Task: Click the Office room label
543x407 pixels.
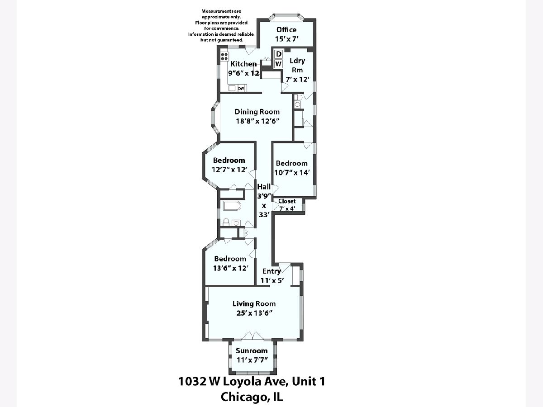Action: (286, 30)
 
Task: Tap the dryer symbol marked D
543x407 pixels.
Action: (279, 54)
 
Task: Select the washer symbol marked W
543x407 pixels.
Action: (278, 64)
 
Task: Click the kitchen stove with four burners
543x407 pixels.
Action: (51, 57)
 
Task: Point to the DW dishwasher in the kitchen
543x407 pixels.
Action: (241, 88)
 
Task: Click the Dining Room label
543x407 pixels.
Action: (257, 112)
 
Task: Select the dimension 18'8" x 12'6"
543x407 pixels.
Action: (257, 121)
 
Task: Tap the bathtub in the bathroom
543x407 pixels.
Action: (232, 206)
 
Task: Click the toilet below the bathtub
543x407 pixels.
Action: (226, 222)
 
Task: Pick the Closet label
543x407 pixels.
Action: (287, 201)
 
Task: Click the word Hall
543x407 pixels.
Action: (264, 187)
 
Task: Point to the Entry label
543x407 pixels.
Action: (271, 271)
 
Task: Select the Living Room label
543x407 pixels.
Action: (254, 303)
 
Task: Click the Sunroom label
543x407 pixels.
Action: (252, 350)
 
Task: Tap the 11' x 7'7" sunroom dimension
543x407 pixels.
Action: (252, 360)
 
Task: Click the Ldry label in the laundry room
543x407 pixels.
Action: (297, 61)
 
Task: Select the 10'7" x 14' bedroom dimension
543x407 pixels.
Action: (292, 172)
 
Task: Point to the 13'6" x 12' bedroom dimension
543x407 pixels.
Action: (231, 268)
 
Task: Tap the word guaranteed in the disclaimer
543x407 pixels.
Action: (229, 40)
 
